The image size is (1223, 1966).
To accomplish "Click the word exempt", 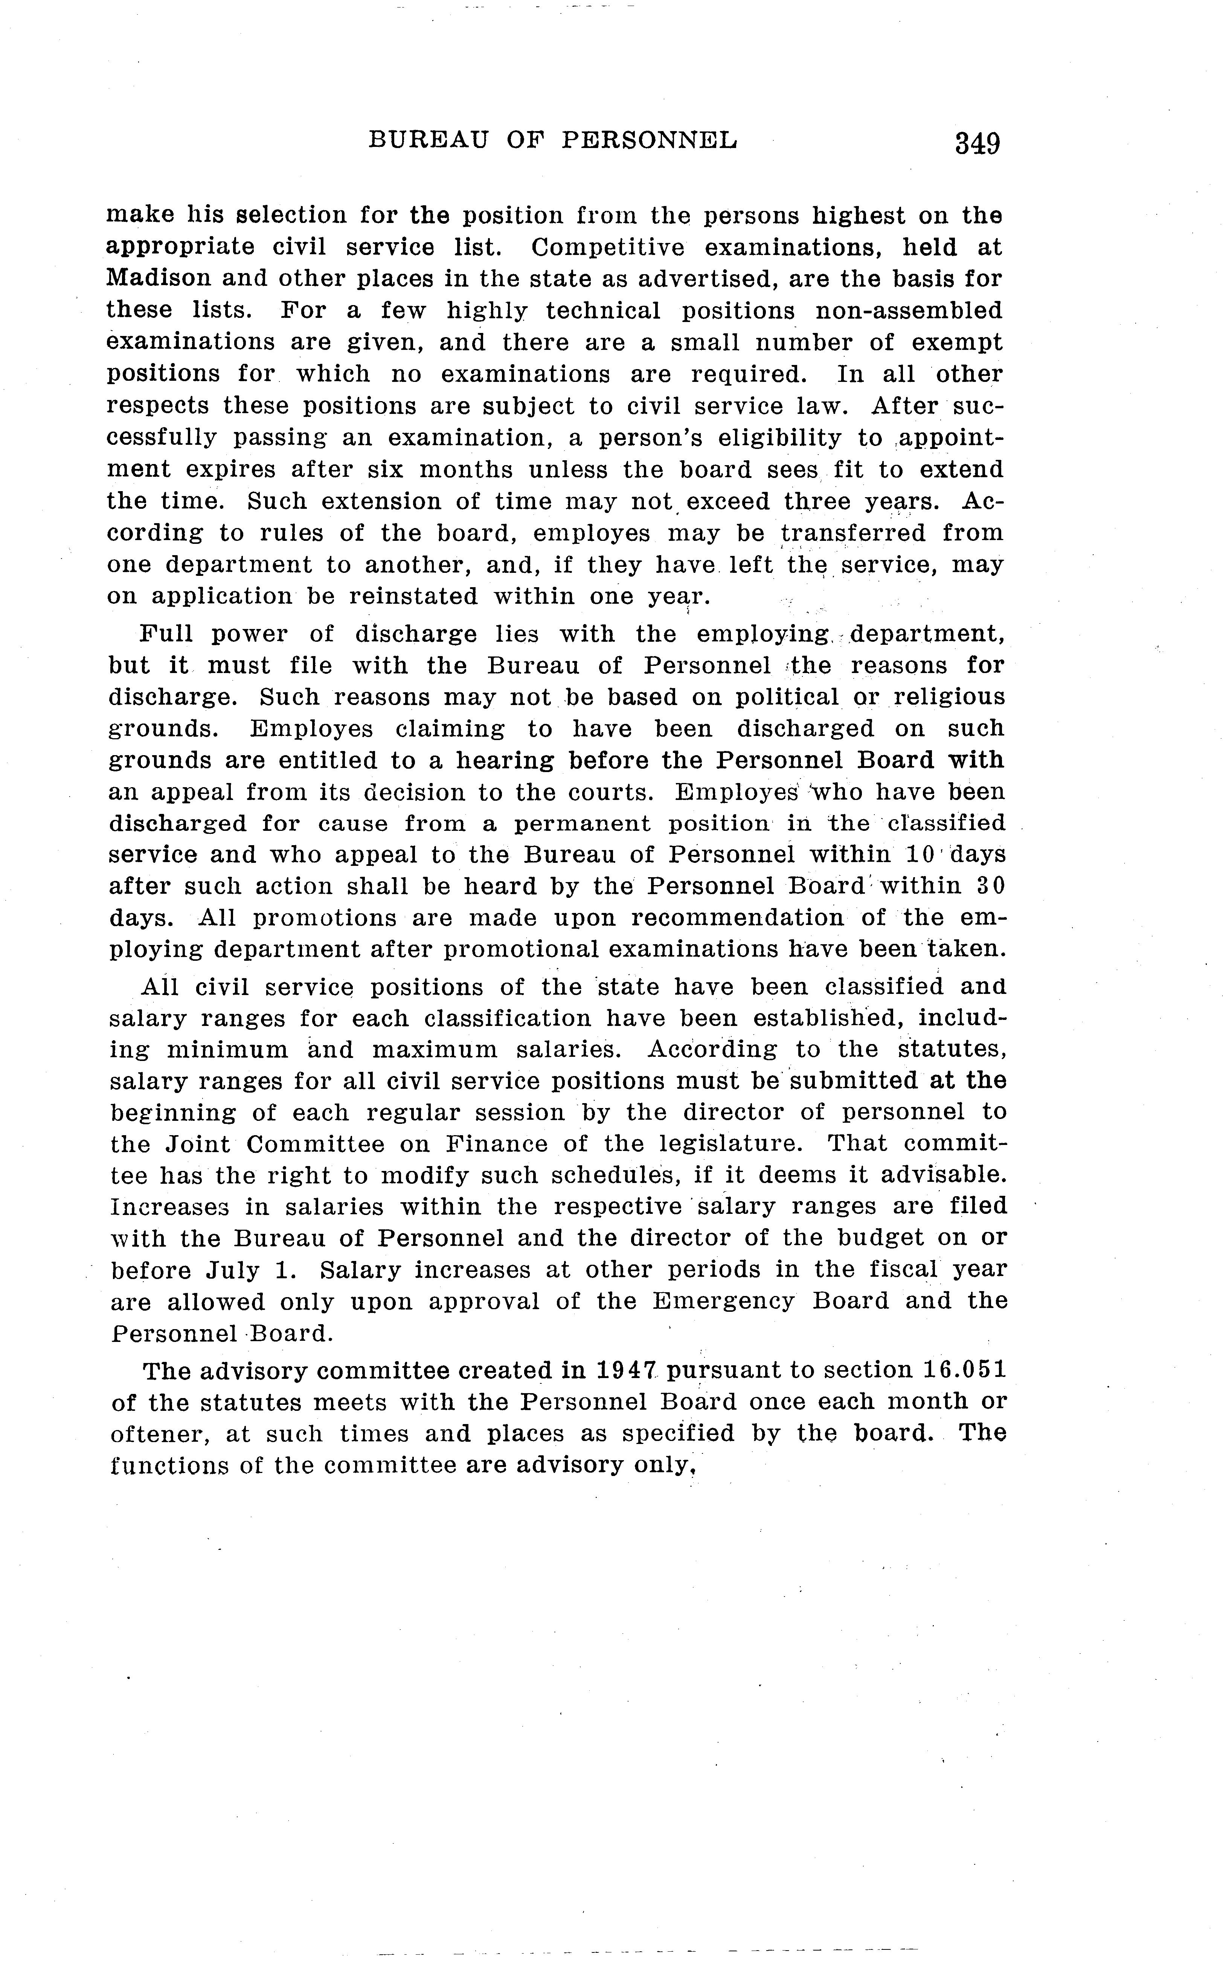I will coord(957,342).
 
